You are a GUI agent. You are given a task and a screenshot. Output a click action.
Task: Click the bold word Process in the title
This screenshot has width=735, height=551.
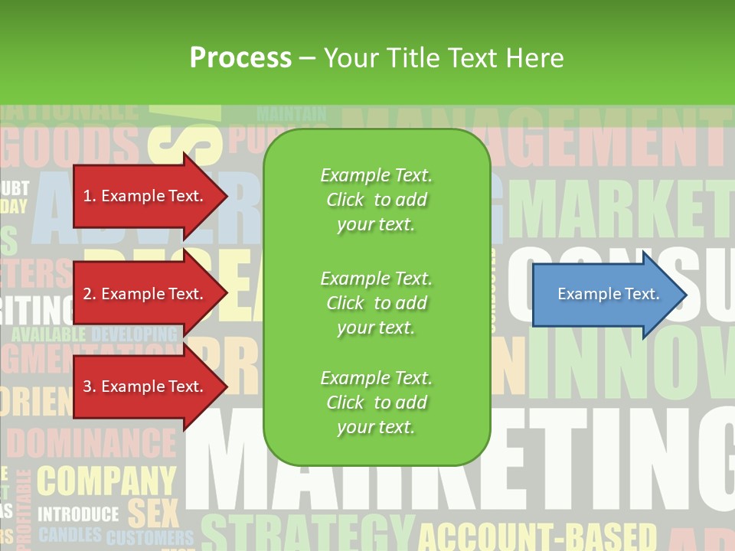point(240,58)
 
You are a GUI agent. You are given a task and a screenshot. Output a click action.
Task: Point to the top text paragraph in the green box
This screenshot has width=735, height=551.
point(376,200)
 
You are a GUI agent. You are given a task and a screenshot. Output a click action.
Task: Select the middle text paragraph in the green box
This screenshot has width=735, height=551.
point(376,303)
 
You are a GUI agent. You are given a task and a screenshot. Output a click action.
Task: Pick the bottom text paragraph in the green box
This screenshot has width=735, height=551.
point(376,403)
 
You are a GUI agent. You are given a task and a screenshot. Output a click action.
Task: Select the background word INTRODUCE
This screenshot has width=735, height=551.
point(78,514)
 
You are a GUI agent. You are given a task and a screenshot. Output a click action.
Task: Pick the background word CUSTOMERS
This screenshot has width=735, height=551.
point(150,537)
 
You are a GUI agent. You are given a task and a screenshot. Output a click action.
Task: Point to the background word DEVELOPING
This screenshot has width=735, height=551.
point(134,334)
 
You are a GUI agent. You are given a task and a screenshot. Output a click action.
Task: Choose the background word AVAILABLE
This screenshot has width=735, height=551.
point(48,334)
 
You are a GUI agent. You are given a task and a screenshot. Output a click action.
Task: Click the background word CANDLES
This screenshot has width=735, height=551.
point(70,534)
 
